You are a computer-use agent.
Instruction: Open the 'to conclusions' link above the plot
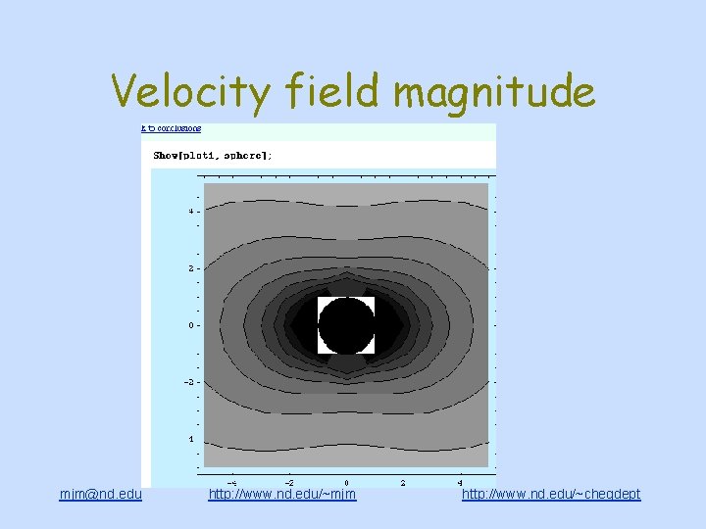[172, 128]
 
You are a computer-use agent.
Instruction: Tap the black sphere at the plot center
[346, 325]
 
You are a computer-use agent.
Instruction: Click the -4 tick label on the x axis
[230, 482]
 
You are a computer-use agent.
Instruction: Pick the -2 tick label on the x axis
[288, 482]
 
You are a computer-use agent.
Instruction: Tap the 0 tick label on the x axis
[346, 482]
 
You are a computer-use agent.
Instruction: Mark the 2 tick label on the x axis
[404, 482]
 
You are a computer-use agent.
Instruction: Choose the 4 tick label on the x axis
[461, 482]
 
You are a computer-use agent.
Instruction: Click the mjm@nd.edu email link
[101, 494]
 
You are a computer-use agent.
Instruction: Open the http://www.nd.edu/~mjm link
[282, 494]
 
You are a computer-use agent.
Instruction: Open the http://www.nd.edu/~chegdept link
[551, 494]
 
